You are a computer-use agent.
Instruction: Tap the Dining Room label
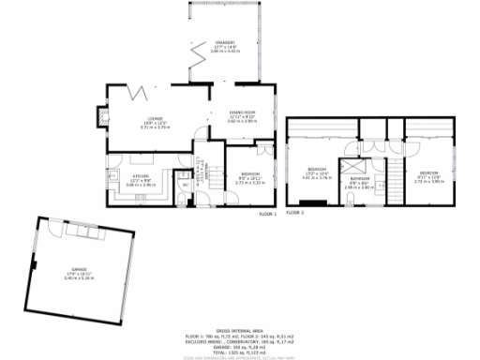pos(243,112)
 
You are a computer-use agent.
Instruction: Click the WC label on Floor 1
pos(186,184)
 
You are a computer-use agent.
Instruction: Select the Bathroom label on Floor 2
pos(360,178)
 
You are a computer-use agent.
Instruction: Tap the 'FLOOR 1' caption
pos(268,214)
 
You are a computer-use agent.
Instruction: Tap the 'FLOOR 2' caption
pos(295,214)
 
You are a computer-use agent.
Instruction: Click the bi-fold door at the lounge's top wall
pos(137,92)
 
